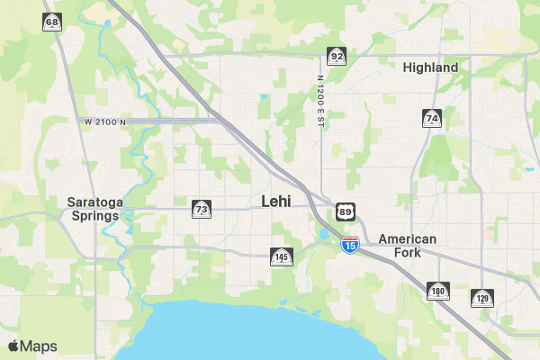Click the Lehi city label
click(275, 202)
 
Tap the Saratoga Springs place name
click(94, 209)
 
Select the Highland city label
click(430, 67)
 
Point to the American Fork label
click(407, 246)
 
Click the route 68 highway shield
click(52, 22)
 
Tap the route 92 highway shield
click(337, 57)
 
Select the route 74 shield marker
click(432, 118)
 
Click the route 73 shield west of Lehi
click(202, 209)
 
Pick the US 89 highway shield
click(346, 212)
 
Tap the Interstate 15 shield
click(350, 243)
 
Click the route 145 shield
click(282, 256)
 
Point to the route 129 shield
click(482, 298)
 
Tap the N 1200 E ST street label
click(319, 100)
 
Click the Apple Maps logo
click(32, 346)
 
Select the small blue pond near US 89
click(324, 235)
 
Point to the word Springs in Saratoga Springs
click(94, 216)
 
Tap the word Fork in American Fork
click(407, 253)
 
